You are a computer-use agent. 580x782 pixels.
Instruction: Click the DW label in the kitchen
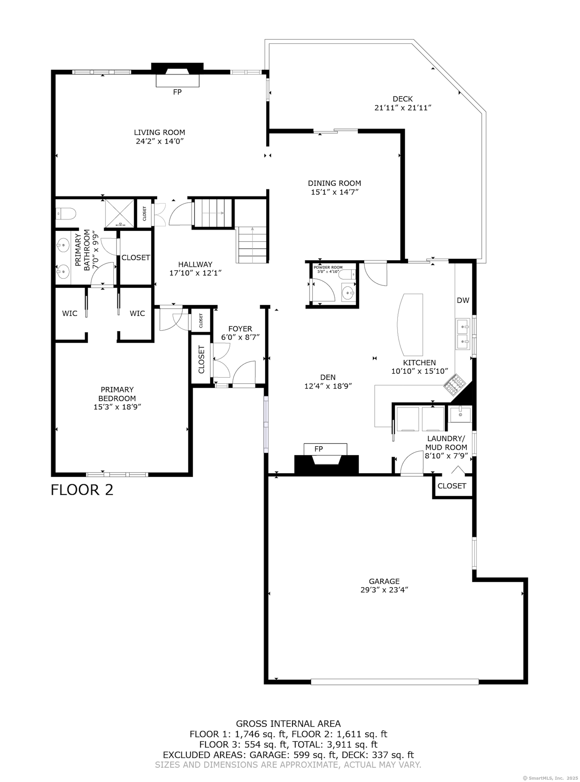pyautogui.click(x=463, y=300)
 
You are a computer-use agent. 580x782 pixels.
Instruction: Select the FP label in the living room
pyautogui.click(x=177, y=92)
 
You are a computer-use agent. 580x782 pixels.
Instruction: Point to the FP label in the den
pyautogui.click(x=318, y=449)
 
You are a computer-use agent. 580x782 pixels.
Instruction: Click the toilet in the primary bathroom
pyautogui.click(x=66, y=213)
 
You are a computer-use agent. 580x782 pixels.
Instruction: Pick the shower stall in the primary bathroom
pyautogui.click(x=120, y=213)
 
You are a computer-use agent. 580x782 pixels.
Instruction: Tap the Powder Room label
pyautogui.click(x=328, y=267)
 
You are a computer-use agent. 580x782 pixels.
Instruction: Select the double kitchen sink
pyautogui.click(x=463, y=334)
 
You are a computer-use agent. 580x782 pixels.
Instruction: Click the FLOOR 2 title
pyautogui.click(x=82, y=490)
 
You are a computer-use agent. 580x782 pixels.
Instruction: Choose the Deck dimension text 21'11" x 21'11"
pyautogui.click(x=403, y=108)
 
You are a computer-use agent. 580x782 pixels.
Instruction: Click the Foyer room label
pyautogui.click(x=240, y=329)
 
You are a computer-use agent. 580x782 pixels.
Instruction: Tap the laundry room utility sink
pyautogui.click(x=460, y=414)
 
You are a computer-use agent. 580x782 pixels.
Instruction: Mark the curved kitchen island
pyautogui.click(x=410, y=324)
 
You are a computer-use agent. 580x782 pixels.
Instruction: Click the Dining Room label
pyautogui.click(x=334, y=183)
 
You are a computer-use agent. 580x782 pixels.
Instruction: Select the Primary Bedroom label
pyautogui.click(x=117, y=394)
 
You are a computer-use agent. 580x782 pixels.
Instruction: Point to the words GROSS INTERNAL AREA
pyautogui.click(x=288, y=724)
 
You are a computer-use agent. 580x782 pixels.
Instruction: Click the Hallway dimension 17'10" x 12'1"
pyautogui.click(x=196, y=273)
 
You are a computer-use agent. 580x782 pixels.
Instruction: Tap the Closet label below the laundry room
pyautogui.click(x=452, y=486)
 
